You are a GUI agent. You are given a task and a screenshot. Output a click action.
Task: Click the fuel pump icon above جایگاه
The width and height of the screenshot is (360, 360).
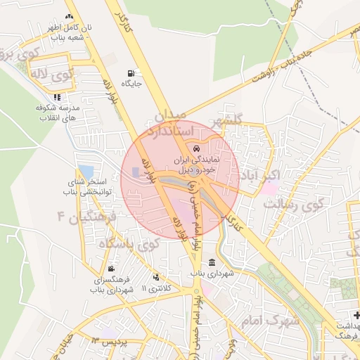click(x=131, y=73)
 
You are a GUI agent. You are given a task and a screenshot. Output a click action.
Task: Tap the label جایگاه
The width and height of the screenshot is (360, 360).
click(x=131, y=84)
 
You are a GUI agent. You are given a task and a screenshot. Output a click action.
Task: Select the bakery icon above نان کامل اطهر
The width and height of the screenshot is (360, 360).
click(x=68, y=16)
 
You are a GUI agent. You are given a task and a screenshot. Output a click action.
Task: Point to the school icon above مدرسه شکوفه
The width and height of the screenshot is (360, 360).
click(x=57, y=97)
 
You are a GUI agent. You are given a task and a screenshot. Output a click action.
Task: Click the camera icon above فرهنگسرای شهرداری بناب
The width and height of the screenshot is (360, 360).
click(x=112, y=269)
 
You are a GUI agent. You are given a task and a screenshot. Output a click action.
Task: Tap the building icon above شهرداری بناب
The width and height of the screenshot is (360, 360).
click(x=212, y=263)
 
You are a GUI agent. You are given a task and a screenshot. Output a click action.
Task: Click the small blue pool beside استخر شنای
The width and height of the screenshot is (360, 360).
click(x=86, y=171)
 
